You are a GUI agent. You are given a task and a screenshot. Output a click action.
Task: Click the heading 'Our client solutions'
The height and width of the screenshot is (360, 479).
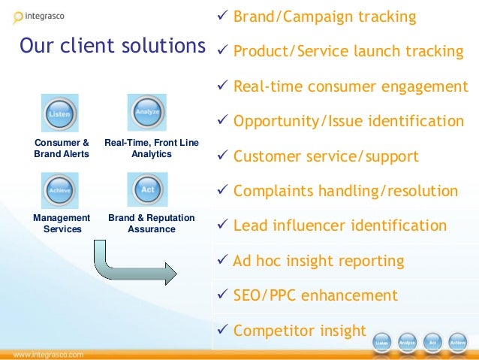coord(112,47)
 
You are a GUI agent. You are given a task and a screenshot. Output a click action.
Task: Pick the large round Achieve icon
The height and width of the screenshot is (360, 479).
coord(60,190)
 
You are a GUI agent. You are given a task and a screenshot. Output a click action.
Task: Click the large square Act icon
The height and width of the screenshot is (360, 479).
coord(147,190)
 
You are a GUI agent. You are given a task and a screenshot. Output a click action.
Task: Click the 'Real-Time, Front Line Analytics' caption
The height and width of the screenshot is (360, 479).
coord(151,148)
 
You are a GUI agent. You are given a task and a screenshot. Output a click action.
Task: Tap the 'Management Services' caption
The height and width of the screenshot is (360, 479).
coord(62,223)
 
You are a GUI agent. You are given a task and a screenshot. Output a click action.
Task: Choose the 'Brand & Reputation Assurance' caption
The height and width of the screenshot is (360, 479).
coord(151,223)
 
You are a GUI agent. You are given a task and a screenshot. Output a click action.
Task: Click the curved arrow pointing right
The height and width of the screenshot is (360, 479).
coord(131,260)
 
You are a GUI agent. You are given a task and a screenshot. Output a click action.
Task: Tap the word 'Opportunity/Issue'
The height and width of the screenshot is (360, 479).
coord(294,122)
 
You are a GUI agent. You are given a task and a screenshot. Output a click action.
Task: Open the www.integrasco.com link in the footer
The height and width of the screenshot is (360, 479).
coord(47,353)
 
